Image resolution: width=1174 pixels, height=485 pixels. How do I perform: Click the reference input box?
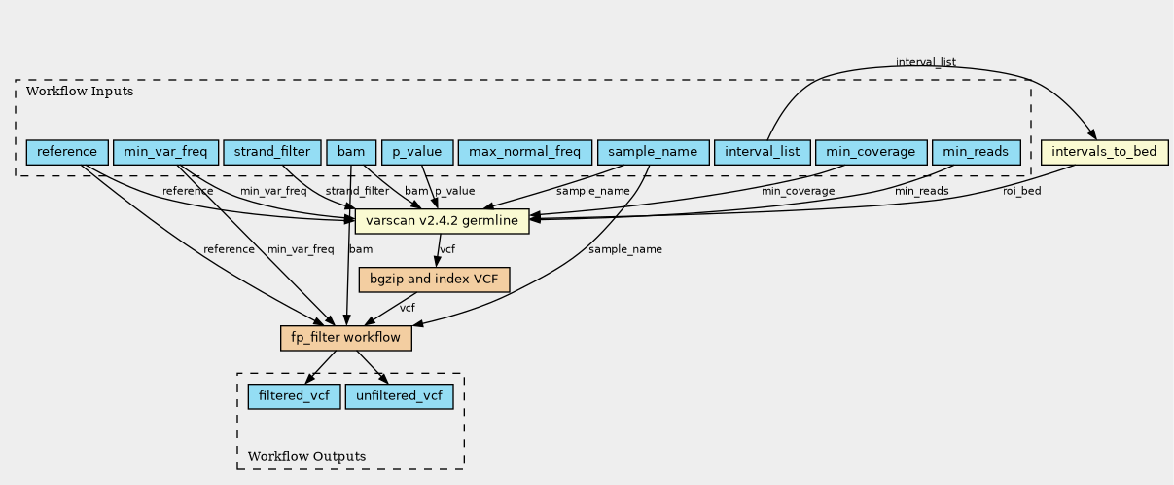[67, 152]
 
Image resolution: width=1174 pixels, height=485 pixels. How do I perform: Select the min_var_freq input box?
[165, 152]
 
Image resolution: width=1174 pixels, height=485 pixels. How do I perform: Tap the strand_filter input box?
[272, 152]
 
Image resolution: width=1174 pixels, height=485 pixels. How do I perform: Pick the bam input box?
[351, 152]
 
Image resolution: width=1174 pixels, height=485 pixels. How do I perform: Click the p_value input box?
[417, 152]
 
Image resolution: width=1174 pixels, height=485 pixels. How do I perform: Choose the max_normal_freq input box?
[524, 152]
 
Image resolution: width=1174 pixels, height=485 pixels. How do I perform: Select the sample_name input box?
[653, 152]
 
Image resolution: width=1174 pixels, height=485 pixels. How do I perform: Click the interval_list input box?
[762, 152]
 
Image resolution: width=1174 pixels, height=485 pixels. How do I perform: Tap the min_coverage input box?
[872, 152]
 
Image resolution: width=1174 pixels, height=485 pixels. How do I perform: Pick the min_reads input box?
[976, 152]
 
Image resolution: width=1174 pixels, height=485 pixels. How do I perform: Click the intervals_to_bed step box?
[1104, 152]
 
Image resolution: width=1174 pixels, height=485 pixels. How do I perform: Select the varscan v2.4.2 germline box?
[443, 221]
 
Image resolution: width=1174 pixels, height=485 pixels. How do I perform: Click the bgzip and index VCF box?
[434, 280]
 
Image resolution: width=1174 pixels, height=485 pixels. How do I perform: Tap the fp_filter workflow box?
[346, 338]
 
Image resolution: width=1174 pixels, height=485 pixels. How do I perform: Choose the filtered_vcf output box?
[294, 396]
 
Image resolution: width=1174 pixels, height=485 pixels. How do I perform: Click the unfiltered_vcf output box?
[400, 396]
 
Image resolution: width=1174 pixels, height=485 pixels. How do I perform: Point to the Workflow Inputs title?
[80, 92]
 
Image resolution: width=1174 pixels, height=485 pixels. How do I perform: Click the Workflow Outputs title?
[306, 456]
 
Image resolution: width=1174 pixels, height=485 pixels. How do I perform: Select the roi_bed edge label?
[1022, 191]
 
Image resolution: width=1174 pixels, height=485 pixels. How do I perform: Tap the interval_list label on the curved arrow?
[926, 62]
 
